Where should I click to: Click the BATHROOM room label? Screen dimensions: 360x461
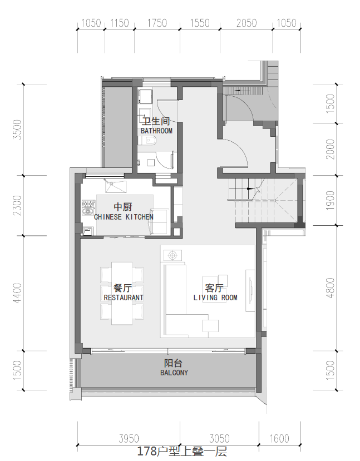click(156, 131)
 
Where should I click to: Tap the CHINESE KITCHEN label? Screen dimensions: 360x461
click(124, 217)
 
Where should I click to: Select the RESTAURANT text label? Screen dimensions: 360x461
click(124, 298)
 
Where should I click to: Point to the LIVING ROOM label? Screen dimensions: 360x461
click(215, 298)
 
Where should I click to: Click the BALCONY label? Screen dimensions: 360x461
click(174, 373)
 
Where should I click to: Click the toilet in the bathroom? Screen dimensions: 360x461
click(149, 141)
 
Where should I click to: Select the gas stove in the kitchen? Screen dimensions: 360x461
click(88, 208)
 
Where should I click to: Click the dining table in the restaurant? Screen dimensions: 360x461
click(122, 293)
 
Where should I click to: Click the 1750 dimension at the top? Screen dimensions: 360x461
click(157, 23)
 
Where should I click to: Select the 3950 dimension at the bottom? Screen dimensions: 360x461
click(129, 439)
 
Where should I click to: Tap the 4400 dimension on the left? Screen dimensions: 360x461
click(17, 293)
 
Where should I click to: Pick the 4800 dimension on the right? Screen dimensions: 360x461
click(331, 288)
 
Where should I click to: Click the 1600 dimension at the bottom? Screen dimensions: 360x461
click(279, 439)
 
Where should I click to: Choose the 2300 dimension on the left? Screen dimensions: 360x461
click(17, 205)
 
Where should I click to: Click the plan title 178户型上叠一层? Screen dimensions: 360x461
click(182, 452)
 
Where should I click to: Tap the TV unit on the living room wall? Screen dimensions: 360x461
click(250, 290)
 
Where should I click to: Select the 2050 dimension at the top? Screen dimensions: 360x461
click(246, 23)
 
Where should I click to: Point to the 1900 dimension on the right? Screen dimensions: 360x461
click(331, 200)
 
